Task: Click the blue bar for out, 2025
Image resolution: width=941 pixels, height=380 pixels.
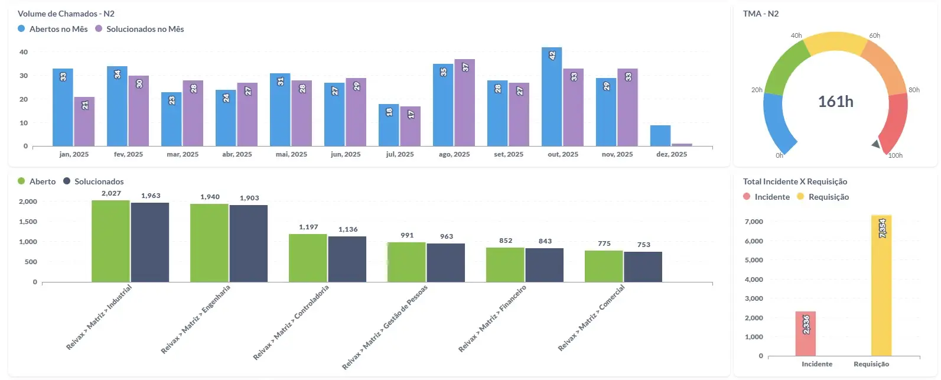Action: (551, 97)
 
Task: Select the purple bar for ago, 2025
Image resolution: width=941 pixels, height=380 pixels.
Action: (464, 103)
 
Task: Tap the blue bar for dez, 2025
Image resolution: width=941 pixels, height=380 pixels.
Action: (660, 135)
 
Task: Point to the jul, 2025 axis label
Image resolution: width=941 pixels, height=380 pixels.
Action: (399, 154)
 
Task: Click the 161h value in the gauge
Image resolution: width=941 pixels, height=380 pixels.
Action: (835, 102)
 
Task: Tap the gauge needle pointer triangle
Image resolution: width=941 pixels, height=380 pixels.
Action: (876, 144)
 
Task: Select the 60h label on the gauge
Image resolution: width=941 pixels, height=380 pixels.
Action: (874, 35)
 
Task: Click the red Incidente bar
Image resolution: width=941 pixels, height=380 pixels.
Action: (805, 334)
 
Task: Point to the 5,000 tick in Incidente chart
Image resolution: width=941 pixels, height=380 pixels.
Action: (753, 260)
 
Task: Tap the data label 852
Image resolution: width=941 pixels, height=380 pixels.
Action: (506, 241)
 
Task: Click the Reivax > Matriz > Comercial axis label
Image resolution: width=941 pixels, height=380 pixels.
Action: (591, 317)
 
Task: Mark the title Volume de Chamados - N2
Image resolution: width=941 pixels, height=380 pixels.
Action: (66, 14)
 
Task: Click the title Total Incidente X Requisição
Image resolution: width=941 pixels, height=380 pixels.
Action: (795, 181)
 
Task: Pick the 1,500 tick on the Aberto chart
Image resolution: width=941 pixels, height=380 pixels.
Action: (28, 222)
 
